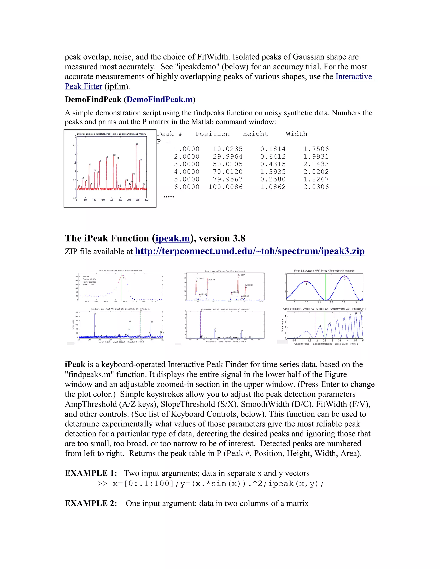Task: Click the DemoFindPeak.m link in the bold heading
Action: (160, 100)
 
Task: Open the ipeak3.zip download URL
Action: (250, 251)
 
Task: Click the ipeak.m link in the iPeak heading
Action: (173, 238)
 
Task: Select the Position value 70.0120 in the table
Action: (227, 172)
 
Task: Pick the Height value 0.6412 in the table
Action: (273, 157)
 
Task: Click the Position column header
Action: (212, 134)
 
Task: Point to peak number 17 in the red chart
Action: (137, 144)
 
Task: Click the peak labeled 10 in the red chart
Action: (114, 155)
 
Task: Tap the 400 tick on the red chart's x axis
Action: (147, 200)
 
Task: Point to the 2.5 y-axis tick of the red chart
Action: (75, 145)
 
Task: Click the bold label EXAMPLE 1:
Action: (91, 473)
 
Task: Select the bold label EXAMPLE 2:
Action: (91, 503)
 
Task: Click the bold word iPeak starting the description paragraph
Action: (75, 365)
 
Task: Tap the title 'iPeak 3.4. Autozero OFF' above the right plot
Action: (324, 271)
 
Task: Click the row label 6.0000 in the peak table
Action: (187, 187)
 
